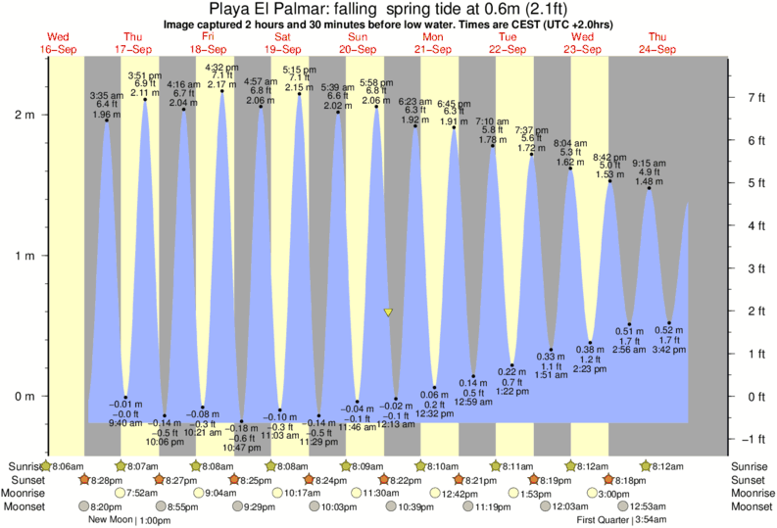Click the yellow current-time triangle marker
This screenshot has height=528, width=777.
pyautogui.click(x=388, y=313)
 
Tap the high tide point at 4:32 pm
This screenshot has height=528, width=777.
pyautogui.click(x=221, y=91)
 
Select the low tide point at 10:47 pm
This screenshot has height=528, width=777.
pyautogui.click(x=241, y=421)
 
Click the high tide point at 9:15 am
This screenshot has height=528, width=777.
pyautogui.click(x=649, y=187)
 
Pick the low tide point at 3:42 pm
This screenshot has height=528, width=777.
pyautogui.click(x=669, y=322)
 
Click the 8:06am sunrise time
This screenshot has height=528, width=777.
pyautogui.click(x=68, y=466)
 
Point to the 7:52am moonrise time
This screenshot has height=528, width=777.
pyautogui.click(x=143, y=494)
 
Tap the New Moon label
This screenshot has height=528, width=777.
pyautogui.click(x=109, y=520)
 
